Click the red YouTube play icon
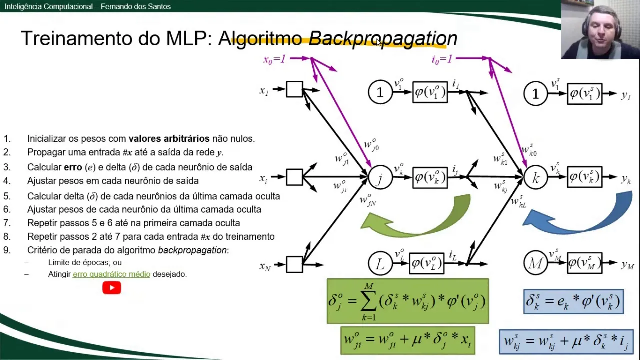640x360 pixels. (112, 288)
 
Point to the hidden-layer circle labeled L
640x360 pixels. (380, 263)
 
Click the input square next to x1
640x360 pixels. (294, 90)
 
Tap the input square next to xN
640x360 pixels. (294, 264)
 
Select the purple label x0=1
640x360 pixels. (274, 59)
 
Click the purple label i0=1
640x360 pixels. (442, 59)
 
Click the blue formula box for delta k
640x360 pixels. (573, 301)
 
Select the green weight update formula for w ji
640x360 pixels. (407, 340)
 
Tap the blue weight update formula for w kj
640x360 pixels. (566, 342)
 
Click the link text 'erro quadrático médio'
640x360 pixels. (111, 274)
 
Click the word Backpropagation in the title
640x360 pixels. (383, 39)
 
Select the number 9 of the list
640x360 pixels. (7, 250)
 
